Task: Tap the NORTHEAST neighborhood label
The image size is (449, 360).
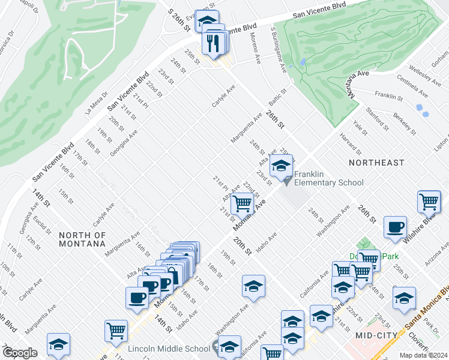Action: [377, 163]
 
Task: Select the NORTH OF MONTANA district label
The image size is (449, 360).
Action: [82, 239]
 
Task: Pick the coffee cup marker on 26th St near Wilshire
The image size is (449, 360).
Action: [394, 227]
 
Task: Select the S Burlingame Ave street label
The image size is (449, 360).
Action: [278, 44]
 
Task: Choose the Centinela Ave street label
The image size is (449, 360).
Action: [412, 86]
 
